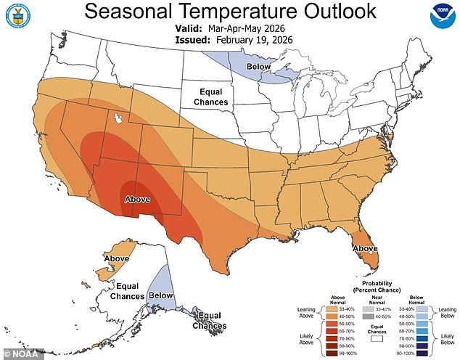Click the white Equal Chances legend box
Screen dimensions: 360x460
pyautogui.click(x=376, y=337)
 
